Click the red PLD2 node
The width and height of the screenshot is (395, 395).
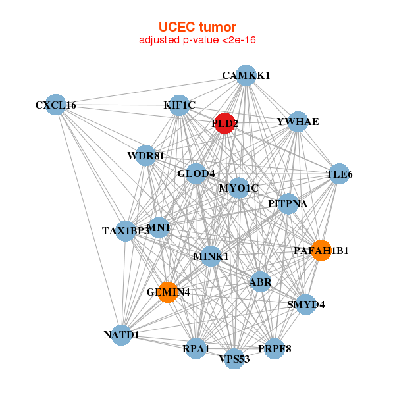point(225,123)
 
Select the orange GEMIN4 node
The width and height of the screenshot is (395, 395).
point(169,292)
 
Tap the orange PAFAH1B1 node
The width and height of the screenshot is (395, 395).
point(321,250)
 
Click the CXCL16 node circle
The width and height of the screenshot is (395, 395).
point(56,105)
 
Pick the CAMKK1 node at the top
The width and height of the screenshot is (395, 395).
point(246,75)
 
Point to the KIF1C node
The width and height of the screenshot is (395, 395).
point(180,105)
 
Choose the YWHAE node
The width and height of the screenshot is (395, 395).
point(298,122)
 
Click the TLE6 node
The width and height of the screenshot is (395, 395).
point(339,174)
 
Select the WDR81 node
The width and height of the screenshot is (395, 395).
point(145,156)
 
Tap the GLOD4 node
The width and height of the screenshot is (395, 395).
point(196,174)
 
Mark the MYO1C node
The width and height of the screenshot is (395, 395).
point(239,188)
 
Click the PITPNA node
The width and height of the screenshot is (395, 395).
point(288,203)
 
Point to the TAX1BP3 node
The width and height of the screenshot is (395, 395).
point(125,230)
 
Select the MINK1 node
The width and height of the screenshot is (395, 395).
point(211,255)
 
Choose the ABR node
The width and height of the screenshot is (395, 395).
point(260,282)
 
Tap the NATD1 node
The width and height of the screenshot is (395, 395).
point(121,335)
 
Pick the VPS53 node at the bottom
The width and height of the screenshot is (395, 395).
point(234,359)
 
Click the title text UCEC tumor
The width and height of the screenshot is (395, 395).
point(197,27)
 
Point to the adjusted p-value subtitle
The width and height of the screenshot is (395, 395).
point(197,40)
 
